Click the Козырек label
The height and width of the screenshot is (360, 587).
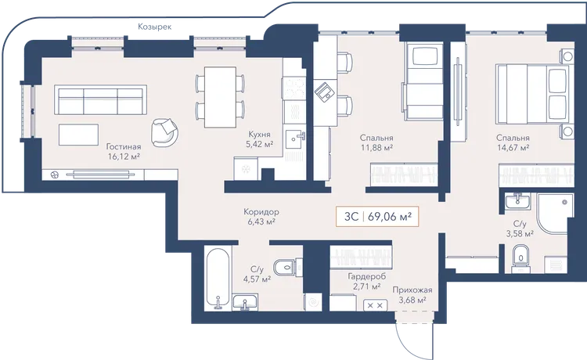(155, 27)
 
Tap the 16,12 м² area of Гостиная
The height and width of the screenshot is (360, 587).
(124, 157)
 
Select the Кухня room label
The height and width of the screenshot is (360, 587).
(259, 135)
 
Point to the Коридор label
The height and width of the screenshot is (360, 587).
(261, 212)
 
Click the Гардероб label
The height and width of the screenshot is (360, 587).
(366, 276)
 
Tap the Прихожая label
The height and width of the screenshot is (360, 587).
(412, 290)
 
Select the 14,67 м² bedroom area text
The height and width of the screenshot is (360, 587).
(513, 148)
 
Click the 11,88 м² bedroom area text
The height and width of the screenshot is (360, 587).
(376, 148)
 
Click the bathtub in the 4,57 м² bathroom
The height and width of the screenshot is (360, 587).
(217, 279)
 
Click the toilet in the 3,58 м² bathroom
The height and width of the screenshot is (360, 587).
(520, 257)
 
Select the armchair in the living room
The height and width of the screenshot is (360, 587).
(164, 132)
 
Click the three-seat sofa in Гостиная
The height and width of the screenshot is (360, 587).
(100, 100)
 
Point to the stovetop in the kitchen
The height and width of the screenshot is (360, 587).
(294, 88)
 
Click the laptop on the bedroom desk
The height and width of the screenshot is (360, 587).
(324, 92)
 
